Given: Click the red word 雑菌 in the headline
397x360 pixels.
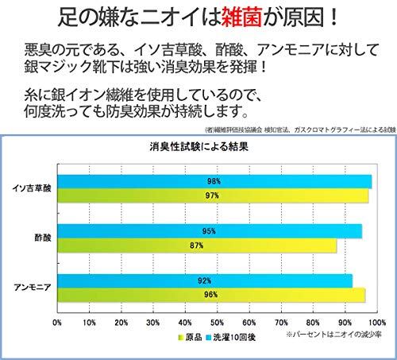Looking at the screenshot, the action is click(x=241, y=17).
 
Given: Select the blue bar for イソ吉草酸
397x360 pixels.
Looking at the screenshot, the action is click(x=214, y=182).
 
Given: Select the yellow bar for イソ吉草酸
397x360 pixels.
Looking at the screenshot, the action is click(x=213, y=195).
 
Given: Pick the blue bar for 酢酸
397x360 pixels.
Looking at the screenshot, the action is click(x=210, y=231).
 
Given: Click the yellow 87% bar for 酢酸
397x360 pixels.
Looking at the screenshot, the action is click(x=197, y=246).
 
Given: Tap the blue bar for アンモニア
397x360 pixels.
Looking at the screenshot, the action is click(x=205, y=281).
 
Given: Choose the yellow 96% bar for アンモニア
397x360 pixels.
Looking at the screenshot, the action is click(x=211, y=295).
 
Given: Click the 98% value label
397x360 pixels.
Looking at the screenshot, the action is click(x=214, y=181).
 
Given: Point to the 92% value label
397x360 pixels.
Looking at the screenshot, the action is click(x=204, y=281).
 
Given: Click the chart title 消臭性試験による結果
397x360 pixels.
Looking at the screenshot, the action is click(x=198, y=146).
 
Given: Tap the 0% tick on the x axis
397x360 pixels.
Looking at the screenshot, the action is click(x=57, y=323).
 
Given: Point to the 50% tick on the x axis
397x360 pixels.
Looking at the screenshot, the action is click(x=217, y=323).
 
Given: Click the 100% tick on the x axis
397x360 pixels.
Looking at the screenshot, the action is click(x=377, y=323).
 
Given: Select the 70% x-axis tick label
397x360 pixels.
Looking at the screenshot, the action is click(x=281, y=323).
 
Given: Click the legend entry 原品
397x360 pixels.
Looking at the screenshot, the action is click(x=190, y=337).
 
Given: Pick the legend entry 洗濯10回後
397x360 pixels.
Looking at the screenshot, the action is click(x=231, y=337).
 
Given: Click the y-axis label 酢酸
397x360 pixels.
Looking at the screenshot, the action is click(x=43, y=238).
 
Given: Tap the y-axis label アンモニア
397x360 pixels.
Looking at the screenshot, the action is click(x=33, y=288).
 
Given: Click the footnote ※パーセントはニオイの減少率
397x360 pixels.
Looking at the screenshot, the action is click(x=333, y=335).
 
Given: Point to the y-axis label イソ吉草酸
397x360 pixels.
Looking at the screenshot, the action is click(x=32, y=188).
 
